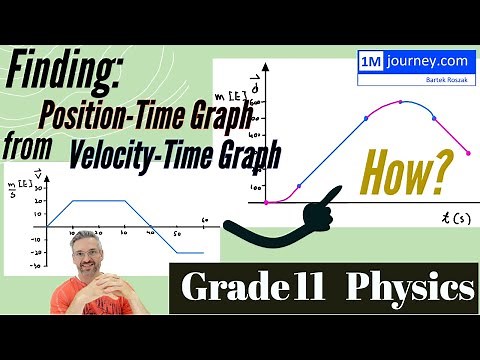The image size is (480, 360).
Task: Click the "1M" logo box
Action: click(369, 60)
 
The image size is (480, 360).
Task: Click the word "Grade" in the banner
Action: click(236, 288)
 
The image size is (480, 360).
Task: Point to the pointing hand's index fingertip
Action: click(333, 191)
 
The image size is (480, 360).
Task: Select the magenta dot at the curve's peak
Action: click(401, 101)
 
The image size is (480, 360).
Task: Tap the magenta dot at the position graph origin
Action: click(266, 202)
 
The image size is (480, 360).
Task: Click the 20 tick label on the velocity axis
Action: click(38, 200)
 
